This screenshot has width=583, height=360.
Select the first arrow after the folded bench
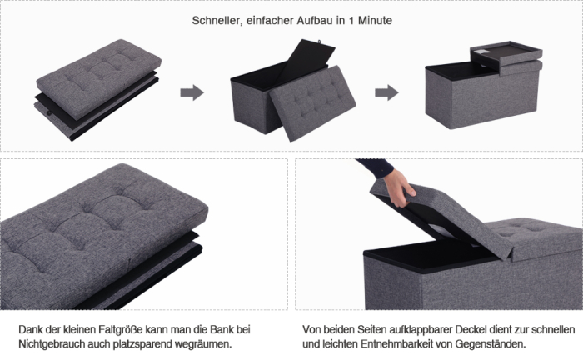coord(192,92)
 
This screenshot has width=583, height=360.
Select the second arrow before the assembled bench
coord(386,92)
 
